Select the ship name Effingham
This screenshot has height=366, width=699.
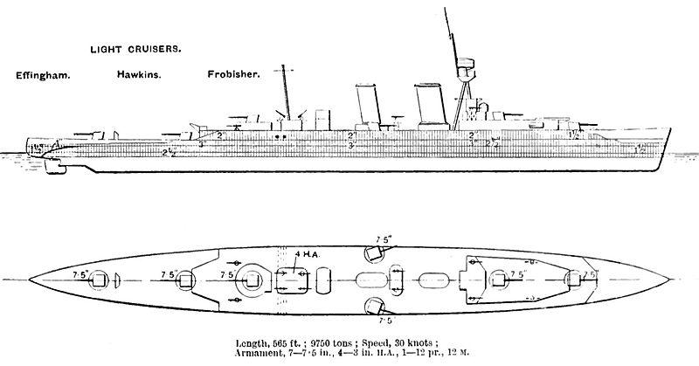point(43,75)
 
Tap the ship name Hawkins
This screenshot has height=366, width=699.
point(138,75)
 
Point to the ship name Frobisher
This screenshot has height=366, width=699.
point(233,75)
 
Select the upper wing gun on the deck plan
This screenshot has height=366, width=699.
point(375,250)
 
